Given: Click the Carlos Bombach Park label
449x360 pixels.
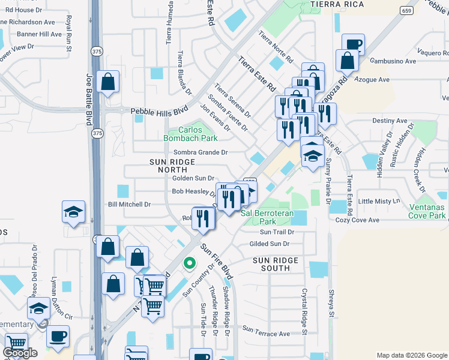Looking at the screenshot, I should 190,133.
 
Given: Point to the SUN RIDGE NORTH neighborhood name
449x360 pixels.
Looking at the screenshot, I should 172,166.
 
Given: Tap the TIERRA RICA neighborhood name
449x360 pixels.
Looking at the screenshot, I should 334,4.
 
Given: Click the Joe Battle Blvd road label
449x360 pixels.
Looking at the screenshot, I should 89,99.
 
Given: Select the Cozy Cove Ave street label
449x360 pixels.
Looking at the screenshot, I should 358,220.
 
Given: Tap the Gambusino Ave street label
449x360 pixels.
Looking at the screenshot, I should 393,61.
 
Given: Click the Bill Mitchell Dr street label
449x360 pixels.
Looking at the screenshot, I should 129,205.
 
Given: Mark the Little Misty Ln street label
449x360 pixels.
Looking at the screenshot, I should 378,201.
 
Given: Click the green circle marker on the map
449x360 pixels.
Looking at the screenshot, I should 190,263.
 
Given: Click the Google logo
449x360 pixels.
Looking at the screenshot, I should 20,353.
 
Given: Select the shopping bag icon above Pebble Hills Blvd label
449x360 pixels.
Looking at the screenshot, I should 107,83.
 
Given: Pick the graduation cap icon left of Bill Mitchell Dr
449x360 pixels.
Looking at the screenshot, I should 73,212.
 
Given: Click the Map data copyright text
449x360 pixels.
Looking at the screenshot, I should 411,355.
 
